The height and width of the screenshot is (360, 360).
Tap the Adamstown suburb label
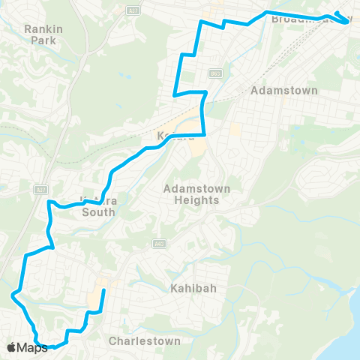coord(284,90)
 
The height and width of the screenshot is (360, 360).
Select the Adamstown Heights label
coord(191,194)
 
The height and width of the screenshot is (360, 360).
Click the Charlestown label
coord(145,340)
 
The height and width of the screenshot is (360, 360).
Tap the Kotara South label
coord(97,207)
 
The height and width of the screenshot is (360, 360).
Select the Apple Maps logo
coord(28,347)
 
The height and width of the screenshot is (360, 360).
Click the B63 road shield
coord(216,73)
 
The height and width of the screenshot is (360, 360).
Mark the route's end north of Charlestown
coord(103,289)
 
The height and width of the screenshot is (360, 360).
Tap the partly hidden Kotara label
coord(175,136)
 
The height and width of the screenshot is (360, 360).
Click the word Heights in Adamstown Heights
coord(191,200)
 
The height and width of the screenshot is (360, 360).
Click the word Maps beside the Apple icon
coord(34,347)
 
